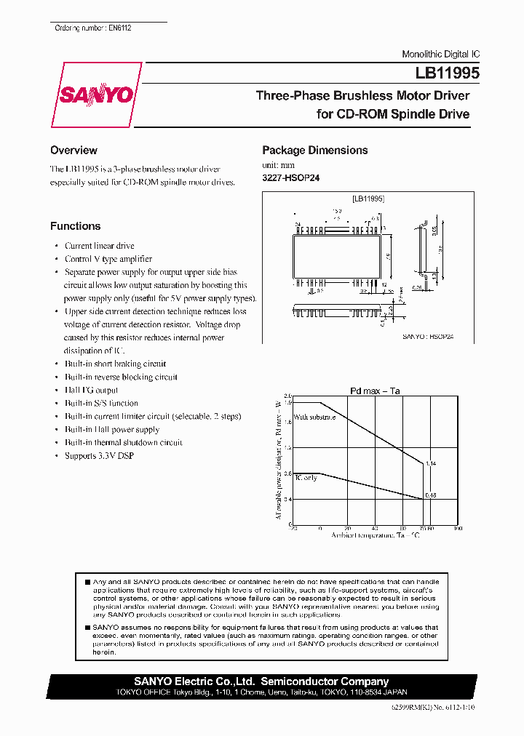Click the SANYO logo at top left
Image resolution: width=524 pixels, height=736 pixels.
pyautogui.click(x=96, y=96)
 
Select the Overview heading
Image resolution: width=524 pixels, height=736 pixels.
pyautogui.click(x=74, y=151)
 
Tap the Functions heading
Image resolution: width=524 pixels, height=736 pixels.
pyautogui.click(x=75, y=226)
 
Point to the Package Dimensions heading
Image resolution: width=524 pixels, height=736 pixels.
pyautogui.click(x=314, y=151)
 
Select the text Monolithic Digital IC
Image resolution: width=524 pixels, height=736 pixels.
pyautogui.click(x=440, y=55)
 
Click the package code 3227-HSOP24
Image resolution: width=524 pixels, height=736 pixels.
pyautogui.click(x=290, y=177)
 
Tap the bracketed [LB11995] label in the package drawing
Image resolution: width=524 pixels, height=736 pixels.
pyautogui.click(x=368, y=198)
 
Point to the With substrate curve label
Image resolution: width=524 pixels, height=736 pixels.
pyautogui.click(x=315, y=417)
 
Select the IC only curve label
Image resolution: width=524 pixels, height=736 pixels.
pyautogui.click(x=306, y=478)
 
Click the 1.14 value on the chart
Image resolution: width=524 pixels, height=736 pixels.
pyautogui.click(x=430, y=463)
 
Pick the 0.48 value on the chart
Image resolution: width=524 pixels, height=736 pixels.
pyautogui.click(x=430, y=495)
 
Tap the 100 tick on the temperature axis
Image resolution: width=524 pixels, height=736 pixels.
pyautogui.click(x=457, y=529)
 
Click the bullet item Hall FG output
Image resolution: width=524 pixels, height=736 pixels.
pyautogui.click(x=91, y=390)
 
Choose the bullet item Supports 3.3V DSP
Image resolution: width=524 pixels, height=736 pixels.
pyautogui.click(x=99, y=455)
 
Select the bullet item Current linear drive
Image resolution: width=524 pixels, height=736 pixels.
pyautogui.click(x=99, y=246)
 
